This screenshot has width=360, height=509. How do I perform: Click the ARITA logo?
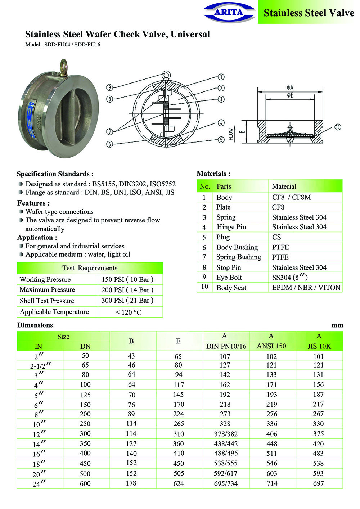(229, 13)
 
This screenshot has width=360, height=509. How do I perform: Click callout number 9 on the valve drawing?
(110, 87)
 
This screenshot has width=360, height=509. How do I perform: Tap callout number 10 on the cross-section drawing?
(338, 127)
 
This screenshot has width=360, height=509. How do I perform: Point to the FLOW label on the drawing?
(231, 134)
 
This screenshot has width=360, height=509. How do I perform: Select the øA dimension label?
(290, 87)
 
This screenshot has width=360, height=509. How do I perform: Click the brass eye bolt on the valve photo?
(63, 67)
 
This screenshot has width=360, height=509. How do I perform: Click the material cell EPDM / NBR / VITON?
(306, 288)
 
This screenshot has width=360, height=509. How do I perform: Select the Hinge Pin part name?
(231, 227)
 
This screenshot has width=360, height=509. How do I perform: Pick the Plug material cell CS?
(276, 237)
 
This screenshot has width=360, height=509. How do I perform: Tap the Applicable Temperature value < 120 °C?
(128, 312)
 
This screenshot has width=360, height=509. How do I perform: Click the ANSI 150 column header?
(271, 346)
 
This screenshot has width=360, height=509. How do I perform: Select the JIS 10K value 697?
(318, 483)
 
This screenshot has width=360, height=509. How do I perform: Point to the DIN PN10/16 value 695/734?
(226, 483)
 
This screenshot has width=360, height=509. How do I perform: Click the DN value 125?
(85, 395)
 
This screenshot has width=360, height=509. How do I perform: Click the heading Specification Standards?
(55, 174)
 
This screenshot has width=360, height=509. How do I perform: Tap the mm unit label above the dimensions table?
(337, 325)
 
